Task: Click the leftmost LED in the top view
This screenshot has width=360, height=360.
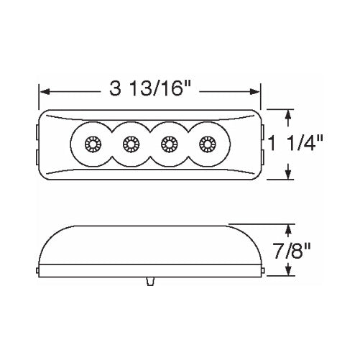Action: pyautogui.click(x=91, y=144)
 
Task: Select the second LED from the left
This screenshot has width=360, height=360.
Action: pyautogui.click(x=130, y=144)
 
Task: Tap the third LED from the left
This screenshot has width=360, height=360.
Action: pyautogui.click(x=169, y=144)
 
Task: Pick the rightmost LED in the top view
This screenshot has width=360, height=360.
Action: pyautogui.click(x=208, y=144)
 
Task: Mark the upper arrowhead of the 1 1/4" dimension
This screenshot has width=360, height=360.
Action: pyautogui.click(x=290, y=113)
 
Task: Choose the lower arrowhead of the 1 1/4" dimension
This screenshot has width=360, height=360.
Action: pyautogui.click(x=290, y=176)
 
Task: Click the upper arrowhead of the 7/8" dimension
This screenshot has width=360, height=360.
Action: pyautogui.click(x=290, y=227)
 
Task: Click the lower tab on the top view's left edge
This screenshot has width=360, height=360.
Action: pyautogui.click(x=40, y=156)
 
